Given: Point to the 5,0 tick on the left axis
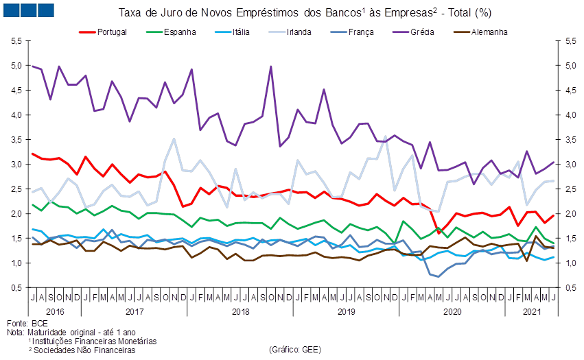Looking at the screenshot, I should [x=15, y=67].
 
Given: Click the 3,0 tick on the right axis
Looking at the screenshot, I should [x=570, y=165].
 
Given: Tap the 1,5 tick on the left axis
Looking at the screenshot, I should [x=15, y=239].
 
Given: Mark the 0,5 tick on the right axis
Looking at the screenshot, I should [x=570, y=288].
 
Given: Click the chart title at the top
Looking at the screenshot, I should [x=305, y=12].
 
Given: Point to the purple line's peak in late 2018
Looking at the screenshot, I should [x=271, y=67].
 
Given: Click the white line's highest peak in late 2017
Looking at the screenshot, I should [x=174, y=139].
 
